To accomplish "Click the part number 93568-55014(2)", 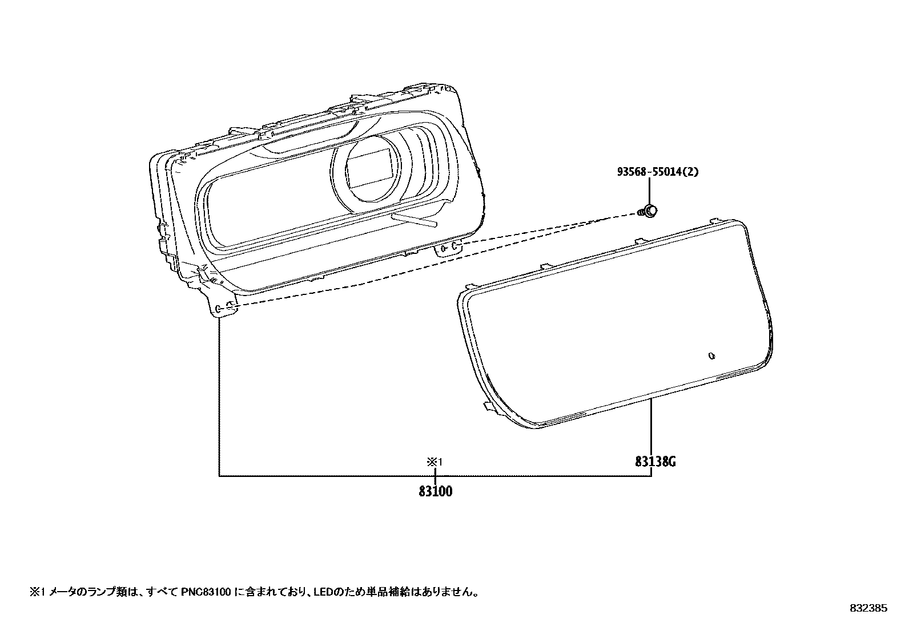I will point(657,172).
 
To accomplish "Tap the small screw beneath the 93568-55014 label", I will point(647,212).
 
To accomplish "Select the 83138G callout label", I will point(655,462).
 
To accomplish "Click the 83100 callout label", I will point(435,491).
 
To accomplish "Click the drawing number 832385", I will point(868,608).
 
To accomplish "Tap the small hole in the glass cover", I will point(711,356).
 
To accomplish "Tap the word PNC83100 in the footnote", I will point(206,592).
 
